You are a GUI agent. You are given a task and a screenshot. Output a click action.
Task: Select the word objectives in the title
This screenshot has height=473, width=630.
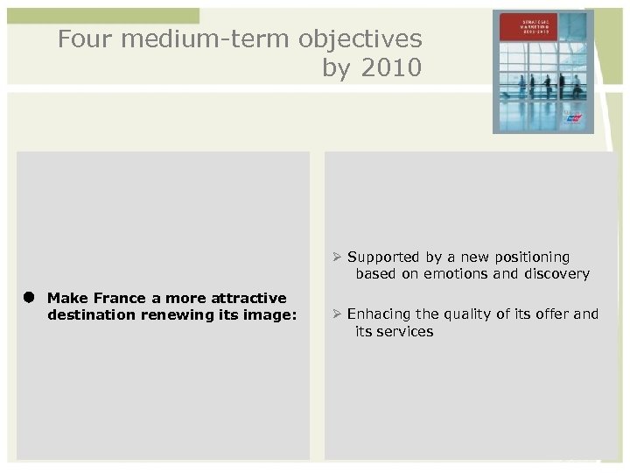pos(360,39)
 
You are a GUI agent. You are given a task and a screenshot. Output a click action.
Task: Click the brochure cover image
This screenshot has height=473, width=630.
pos(542,71)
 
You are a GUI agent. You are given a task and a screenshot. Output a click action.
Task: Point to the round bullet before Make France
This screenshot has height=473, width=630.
pos(29,298)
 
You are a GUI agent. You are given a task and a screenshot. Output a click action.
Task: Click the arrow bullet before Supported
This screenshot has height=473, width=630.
pos(336,258)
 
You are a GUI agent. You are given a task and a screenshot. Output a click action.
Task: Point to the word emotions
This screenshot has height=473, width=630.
pos(465,274)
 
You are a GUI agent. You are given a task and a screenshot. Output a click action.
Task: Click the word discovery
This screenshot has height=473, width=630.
pos(556,274)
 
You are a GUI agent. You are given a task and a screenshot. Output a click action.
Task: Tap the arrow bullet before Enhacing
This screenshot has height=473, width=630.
pos(336,314)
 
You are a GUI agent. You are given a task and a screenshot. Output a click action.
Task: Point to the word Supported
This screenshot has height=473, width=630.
pos(382,258)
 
